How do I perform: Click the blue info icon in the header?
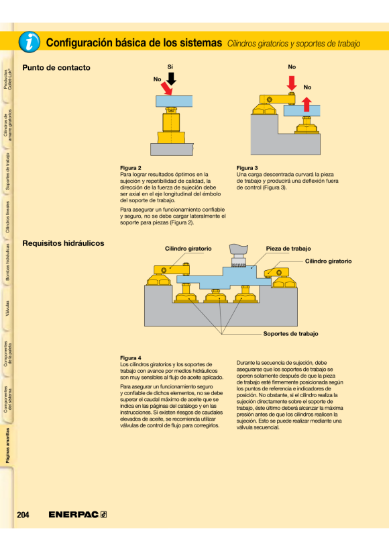[x=30, y=42]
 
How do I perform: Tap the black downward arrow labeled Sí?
[x=171, y=79]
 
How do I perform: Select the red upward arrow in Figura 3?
[x=307, y=104]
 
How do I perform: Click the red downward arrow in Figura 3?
[x=292, y=83]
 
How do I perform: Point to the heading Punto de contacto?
[x=56, y=67]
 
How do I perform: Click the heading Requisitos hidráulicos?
[x=63, y=243]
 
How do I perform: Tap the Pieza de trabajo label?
[x=288, y=249]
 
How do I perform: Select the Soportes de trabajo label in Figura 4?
[x=290, y=333]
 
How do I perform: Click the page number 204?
[x=23, y=515]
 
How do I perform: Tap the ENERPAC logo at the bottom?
[x=78, y=515]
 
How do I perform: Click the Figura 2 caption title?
[x=131, y=168]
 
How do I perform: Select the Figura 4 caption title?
[x=131, y=357]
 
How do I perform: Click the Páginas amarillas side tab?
[x=8, y=446]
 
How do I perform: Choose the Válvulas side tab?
[x=7, y=308]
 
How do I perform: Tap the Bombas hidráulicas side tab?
[x=7, y=262]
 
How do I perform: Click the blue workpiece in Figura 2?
[x=174, y=101]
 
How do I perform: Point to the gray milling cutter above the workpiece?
[x=238, y=255]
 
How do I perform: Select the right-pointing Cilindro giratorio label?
[x=328, y=261]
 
